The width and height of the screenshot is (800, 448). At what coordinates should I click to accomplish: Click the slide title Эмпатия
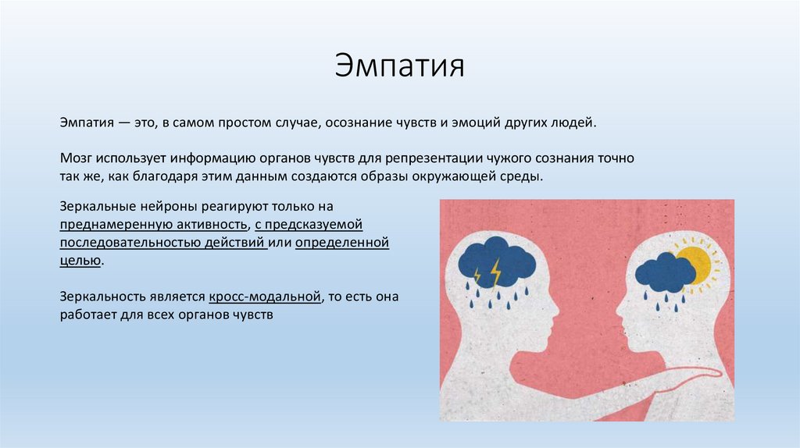pos(399,66)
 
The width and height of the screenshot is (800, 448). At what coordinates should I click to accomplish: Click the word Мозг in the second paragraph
pos(76,158)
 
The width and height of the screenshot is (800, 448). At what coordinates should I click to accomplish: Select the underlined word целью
pos(80,261)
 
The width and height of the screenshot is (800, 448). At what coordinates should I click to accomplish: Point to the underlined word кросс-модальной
pos(265,297)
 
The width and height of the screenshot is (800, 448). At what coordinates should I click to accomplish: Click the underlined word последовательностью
pos(130,243)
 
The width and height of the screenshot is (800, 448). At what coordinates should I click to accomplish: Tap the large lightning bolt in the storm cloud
pos(495,274)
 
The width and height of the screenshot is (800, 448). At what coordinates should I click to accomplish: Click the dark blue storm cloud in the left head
pos(496,262)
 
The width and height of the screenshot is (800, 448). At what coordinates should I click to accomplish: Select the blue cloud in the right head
pos(666,272)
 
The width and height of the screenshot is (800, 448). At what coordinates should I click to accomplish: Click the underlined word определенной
pos(342,243)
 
